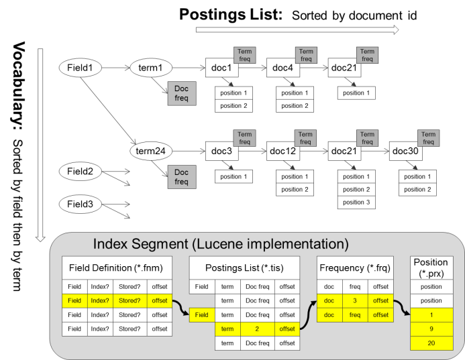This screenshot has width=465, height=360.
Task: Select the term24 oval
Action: point(150,152)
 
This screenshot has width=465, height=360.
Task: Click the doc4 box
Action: point(285,67)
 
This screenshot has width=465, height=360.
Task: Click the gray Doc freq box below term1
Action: point(182,95)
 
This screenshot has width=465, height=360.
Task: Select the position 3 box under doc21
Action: point(356,202)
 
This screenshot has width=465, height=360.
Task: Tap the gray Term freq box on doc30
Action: point(429,137)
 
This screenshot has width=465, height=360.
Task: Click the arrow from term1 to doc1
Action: point(188,67)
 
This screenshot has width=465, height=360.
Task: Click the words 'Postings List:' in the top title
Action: point(227,13)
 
